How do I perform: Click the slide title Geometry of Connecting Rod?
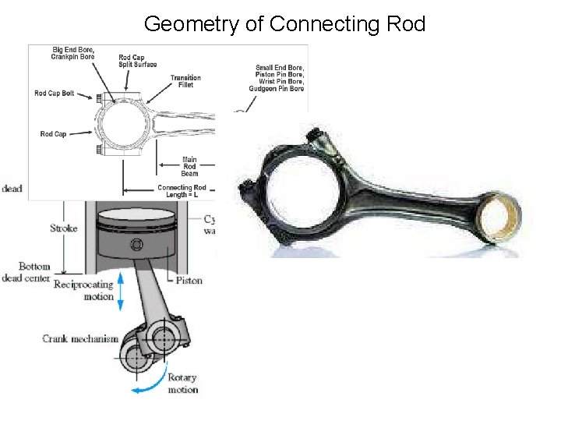tap(284, 23)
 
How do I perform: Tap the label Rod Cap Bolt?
tap(53, 94)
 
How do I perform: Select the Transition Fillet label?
tap(185, 81)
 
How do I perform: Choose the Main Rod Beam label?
tap(189, 166)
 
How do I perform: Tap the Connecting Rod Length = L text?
tap(182, 191)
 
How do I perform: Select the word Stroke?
tap(64, 228)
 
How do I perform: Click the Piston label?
tap(189, 281)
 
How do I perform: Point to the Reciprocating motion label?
tap(83, 290)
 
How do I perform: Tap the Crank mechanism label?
tap(80, 338)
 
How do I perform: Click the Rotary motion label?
tap(183, 384)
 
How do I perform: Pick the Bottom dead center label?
tap(26, 272)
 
